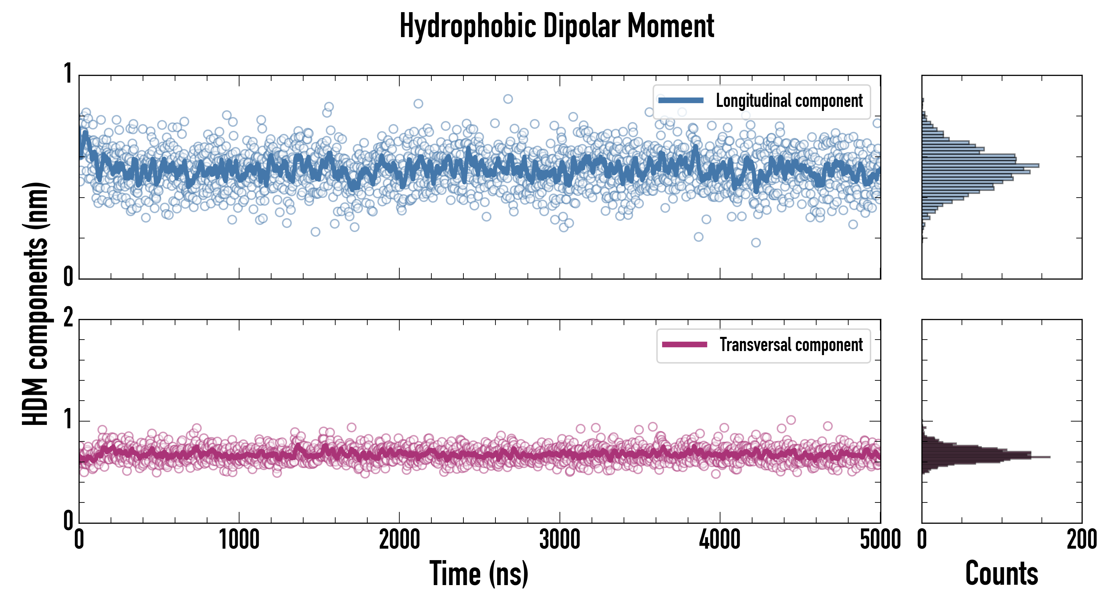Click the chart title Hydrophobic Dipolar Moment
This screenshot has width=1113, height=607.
click(x=556, y=26)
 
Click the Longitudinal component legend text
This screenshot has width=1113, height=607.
click(x=789, y=101)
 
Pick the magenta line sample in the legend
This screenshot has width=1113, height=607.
click(x=684, y=344)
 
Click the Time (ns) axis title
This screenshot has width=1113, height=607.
click(x=479, y=573)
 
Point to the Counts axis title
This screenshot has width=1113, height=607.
click(x=1001, y=573)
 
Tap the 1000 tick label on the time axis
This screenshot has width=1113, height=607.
click(x=239, y=540)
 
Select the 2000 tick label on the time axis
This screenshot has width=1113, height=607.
click(x=399, y=540)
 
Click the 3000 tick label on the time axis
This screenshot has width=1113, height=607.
click(x=560, y=540)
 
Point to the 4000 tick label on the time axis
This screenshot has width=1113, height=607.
click(x=720, y=540)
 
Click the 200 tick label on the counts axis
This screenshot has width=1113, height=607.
click(x=1081, y=540)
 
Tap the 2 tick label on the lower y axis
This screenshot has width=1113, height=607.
click(x=68, y=318)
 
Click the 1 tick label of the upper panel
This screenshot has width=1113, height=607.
click(x=68, y=74)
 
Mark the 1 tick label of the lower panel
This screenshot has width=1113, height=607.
click(x=68, y=419)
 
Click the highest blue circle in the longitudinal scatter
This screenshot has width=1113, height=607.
click(x=508, y=99)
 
